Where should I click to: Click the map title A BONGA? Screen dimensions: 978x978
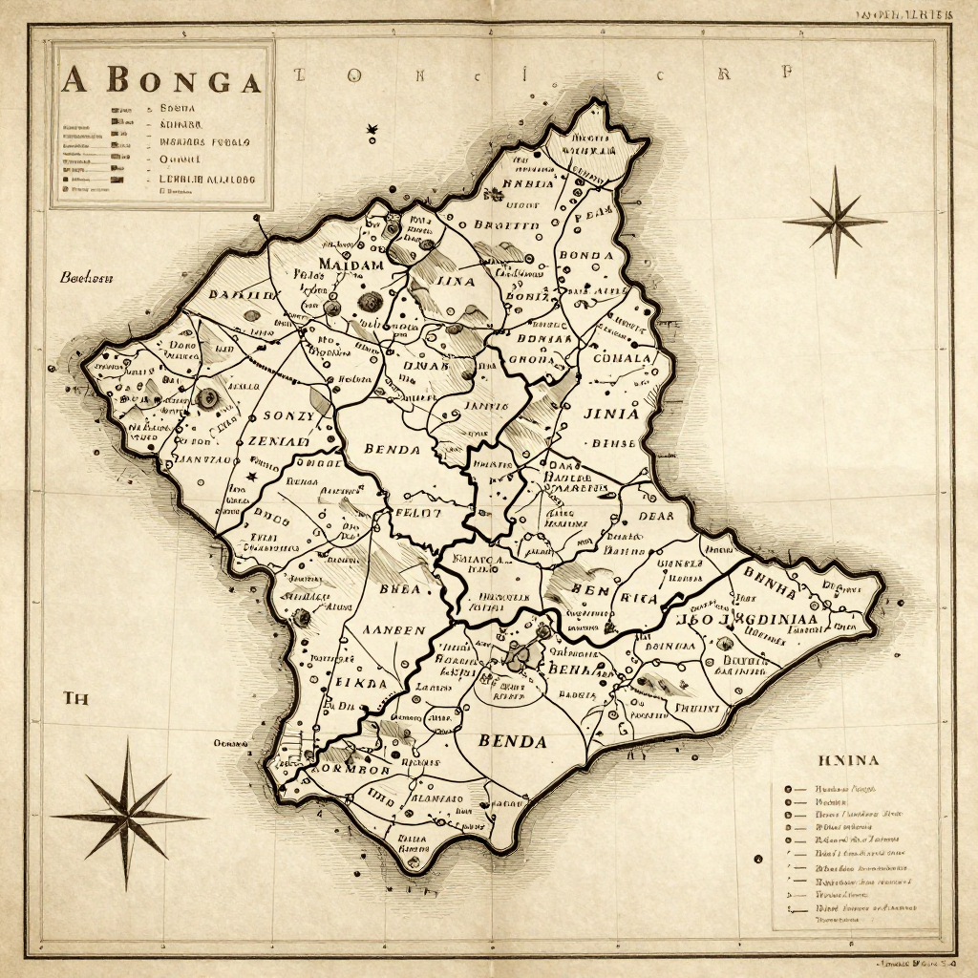(160, 81)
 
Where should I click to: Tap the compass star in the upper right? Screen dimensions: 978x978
(836, 222)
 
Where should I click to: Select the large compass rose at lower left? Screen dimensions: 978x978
(127, 817)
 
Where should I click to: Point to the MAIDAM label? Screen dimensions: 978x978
(351, 264)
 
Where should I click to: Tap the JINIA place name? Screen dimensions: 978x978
(605, 415)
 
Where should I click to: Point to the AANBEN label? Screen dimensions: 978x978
(395, 630)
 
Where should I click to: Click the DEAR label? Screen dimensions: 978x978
(654, 517)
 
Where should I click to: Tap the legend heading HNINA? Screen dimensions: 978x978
(848, 760)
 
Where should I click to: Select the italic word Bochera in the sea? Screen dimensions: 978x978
(87, 278)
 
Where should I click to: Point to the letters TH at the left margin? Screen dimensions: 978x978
(75, 698)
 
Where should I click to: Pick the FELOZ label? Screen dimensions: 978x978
(418, 512)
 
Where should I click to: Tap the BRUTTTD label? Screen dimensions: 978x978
(506, 226)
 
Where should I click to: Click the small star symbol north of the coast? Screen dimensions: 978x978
(371, 129)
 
